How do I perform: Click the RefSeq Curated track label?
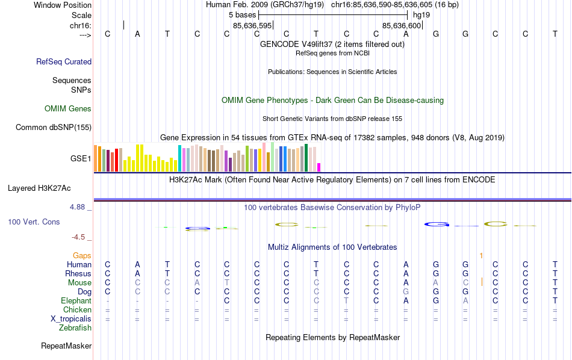[x=64, y=61]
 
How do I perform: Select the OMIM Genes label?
[x=68, y=109]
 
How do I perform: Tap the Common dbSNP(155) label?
[x=54, y=127]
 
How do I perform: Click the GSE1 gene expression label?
[x=81, y=159]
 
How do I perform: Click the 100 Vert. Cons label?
[x=34, y=222]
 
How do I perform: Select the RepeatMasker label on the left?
[x=66, y=346]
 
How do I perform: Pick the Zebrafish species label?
[x=75, y=328]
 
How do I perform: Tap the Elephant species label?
[x=76, y=301]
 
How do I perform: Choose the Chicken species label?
[x=77, y=310]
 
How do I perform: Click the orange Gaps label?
[x=82, y=256]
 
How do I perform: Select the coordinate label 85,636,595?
[x=253, y=25]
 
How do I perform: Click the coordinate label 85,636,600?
[x=402, y=25]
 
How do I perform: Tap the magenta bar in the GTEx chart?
[x=319, y=167]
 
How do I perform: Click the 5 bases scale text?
[x=243, y=14]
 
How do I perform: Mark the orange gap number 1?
[x=481, y=256]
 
